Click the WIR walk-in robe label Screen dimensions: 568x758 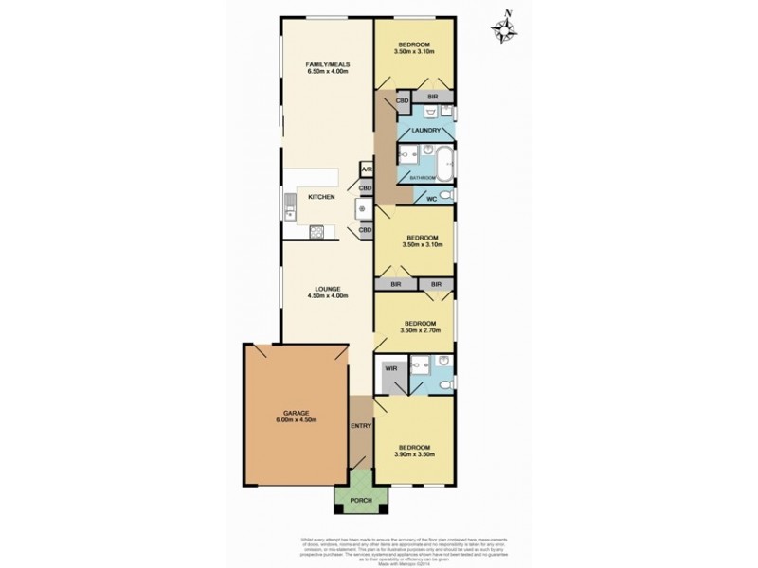(389, 368)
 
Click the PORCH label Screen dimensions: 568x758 (361, 501)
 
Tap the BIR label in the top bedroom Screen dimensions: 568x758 (432, 97)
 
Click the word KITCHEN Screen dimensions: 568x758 (321, 197)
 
